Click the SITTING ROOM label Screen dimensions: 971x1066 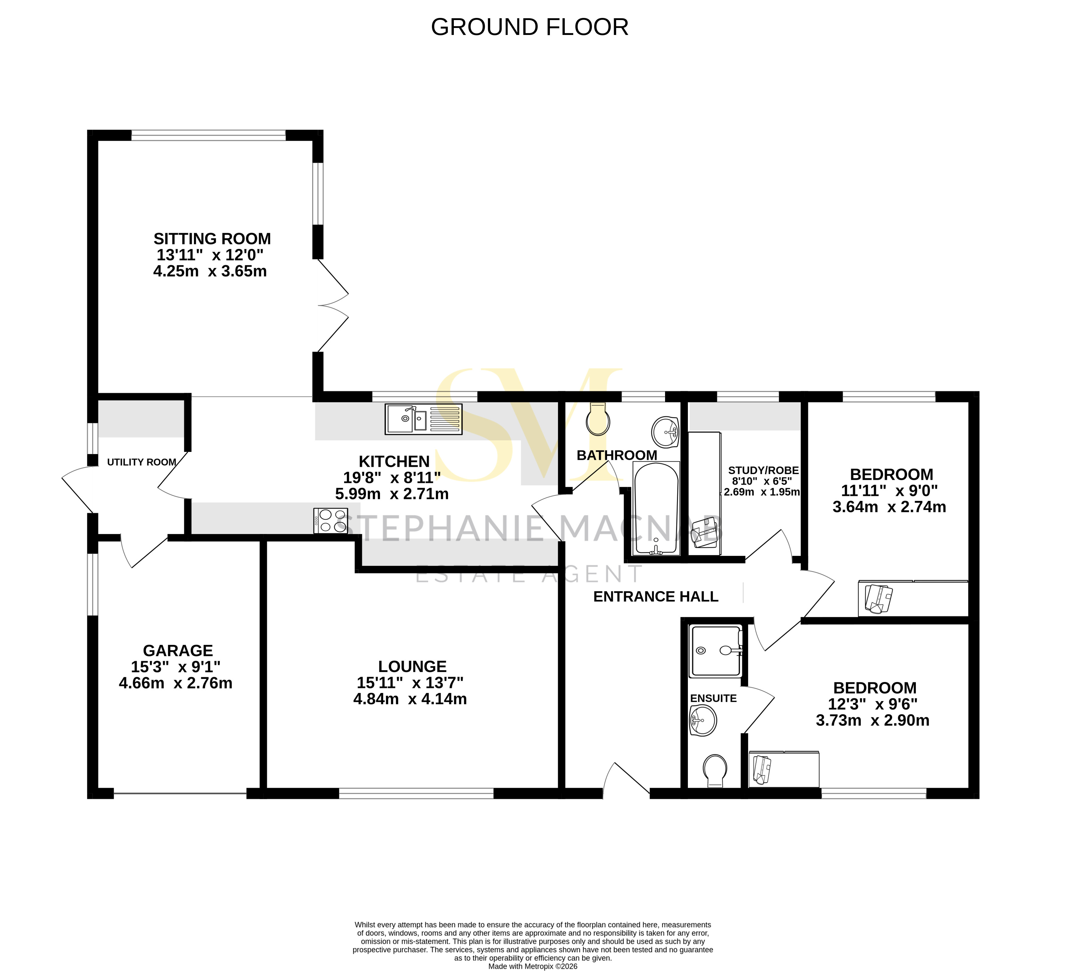pyautogui.click(x=212, y=239)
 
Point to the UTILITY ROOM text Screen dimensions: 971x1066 pyautogui.click(x=142, y=463)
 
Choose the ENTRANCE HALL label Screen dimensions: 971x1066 pyautogui.click(x=656, y=597)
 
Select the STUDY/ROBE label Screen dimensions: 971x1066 pyautogui.click(x=763, y=470)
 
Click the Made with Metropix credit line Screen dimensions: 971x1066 pyautogui.click(x=533, y=966)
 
